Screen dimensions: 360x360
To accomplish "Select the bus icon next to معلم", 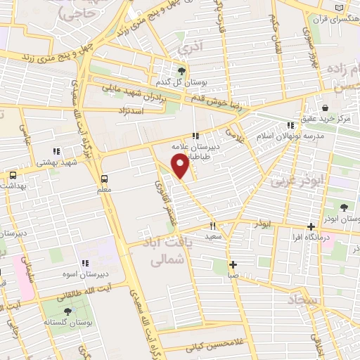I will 104,178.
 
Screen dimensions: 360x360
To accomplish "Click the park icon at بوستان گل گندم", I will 181,72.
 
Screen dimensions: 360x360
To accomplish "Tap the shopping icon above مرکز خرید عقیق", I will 326,108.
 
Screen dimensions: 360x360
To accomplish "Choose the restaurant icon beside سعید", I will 212,226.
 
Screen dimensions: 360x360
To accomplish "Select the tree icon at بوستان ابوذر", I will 344,207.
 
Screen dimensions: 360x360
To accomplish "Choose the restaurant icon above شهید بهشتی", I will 56,150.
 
